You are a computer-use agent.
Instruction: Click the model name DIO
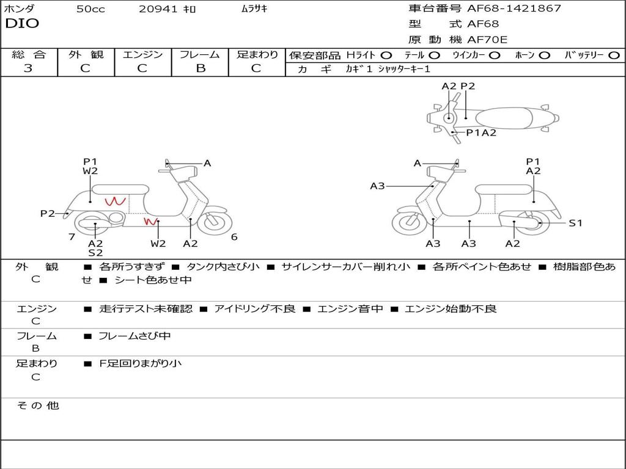tap(22, 24)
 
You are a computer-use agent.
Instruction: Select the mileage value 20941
tap(158, 9)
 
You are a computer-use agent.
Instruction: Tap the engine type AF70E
tap(487, 40)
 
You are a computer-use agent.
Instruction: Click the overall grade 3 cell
tap(28, 68)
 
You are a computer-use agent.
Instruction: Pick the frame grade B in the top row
tap(201, 68)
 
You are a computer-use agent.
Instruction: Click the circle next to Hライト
tap(386, 56)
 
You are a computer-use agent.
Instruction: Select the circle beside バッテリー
tap(614, 56)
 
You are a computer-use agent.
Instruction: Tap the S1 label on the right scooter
tap(575, 224)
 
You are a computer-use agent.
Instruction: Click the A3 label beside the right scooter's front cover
tap(377, 186)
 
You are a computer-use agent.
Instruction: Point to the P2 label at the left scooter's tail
tap(48, 214)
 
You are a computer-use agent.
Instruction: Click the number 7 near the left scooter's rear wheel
tap(72, 237)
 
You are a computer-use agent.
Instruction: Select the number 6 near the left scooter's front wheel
tap(234, 237)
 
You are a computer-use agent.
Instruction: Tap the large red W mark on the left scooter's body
tap(116, 201)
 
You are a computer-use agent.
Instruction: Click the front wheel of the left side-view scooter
tap(215, 220)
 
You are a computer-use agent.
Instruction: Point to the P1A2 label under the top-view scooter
tap(481, 133)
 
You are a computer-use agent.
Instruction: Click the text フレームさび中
tap(134, 336)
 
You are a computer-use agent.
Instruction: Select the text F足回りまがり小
tap(140, 363)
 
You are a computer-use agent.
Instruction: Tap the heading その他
tap(38, 405)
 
